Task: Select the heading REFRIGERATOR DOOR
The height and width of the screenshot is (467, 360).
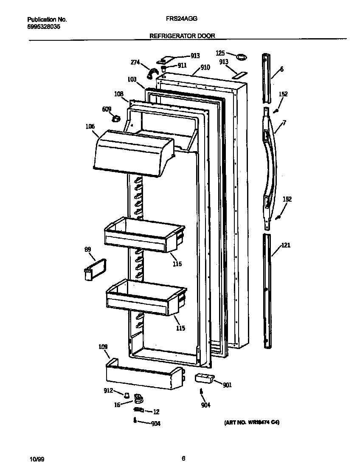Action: (182, 36)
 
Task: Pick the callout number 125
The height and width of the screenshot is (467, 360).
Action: (220, 53)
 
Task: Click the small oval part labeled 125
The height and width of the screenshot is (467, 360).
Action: (241, 56)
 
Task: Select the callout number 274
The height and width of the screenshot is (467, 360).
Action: (135, 63)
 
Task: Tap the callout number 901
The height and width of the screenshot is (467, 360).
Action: (227, 385)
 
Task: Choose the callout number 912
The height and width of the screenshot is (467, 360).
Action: (108, 391)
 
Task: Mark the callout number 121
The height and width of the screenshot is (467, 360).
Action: (286, 245)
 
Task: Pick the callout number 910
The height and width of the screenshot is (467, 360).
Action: (205, 67)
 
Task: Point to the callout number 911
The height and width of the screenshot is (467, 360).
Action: (182, 65)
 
